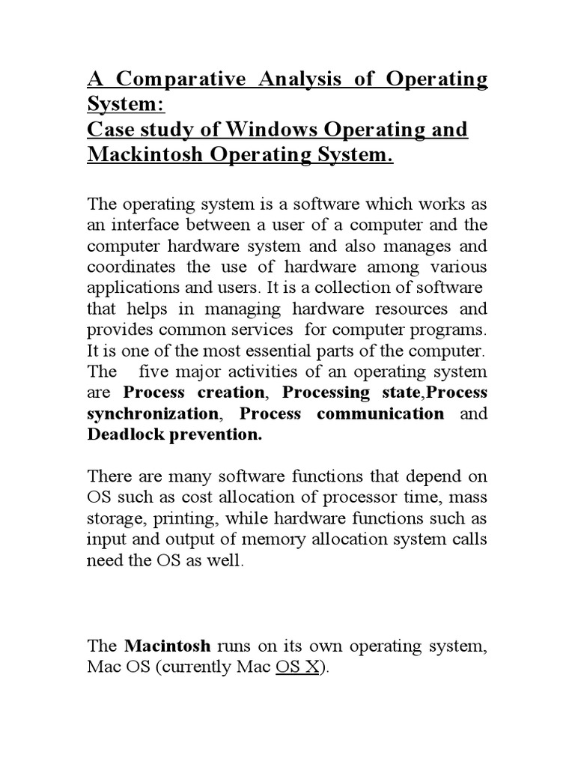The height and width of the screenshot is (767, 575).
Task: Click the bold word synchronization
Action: point(153,413)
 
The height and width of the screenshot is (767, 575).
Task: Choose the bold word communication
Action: point(380,413)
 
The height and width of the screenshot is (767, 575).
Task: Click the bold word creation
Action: point(232,392)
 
